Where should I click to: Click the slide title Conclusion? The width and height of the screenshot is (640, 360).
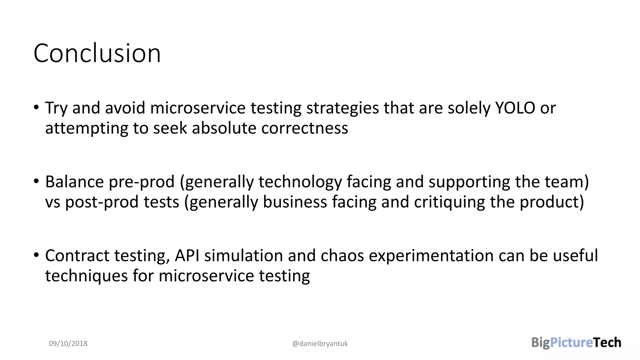[97, 53]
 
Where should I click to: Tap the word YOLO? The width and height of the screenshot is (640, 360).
[515, 108]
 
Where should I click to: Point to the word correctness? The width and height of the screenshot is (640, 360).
[305, 128]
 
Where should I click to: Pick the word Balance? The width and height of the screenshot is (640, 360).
[74, 182]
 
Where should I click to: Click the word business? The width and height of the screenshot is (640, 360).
[295, 202]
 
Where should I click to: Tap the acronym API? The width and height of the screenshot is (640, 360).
[187, 256]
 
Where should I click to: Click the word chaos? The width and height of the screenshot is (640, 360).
[342, 256]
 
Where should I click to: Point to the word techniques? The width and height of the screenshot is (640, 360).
[86, 276]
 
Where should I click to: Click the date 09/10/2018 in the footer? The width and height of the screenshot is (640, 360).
[68, 343]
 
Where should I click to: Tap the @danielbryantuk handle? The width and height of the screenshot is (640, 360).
[320, 344]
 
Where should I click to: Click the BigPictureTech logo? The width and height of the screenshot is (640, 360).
[576, 342]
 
